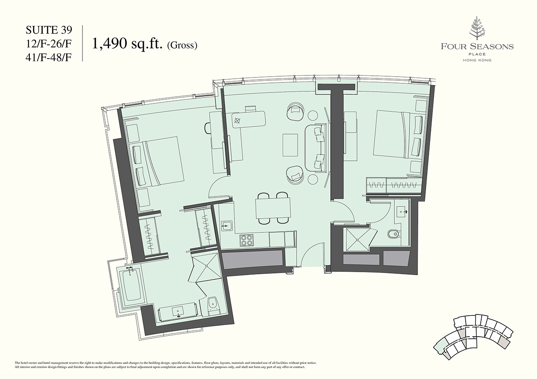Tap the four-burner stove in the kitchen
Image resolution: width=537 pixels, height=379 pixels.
click(246, 240)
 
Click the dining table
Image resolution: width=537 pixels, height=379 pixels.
click(273, 208)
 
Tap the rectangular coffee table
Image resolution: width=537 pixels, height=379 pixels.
click(290, 145)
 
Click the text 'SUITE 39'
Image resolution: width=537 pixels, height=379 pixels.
click(49, 31)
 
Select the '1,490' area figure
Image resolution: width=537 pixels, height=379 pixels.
click(109, 44)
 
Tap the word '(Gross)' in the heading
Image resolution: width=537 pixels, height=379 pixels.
click(182, 46)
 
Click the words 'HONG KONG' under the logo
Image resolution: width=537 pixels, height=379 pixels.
click(477, 60)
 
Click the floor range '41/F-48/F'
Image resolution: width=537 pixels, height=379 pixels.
click(49, 58)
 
